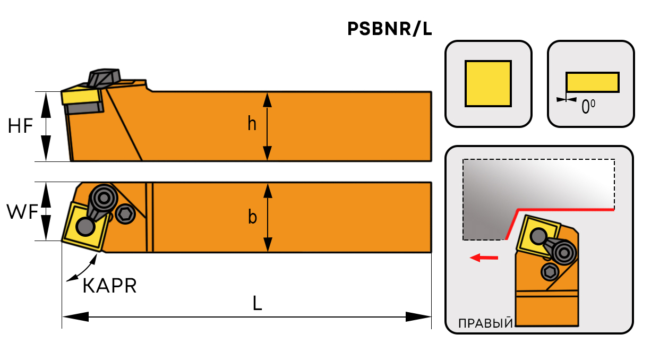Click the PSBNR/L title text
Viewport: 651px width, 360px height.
(389, 30)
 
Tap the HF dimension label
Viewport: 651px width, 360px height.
(20, 126)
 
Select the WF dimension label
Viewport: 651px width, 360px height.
(22, 212)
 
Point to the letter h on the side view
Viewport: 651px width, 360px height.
(252, 124)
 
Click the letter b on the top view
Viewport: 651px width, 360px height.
(252, 217)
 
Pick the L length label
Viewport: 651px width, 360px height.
(258, 304)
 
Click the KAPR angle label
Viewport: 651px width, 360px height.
(110, 286)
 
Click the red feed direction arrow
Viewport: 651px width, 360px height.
(484, 258)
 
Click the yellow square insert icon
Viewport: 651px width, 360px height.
(488, 83)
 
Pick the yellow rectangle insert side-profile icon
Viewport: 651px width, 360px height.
(592, 82)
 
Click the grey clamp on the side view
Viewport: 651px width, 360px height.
(104, 76)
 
